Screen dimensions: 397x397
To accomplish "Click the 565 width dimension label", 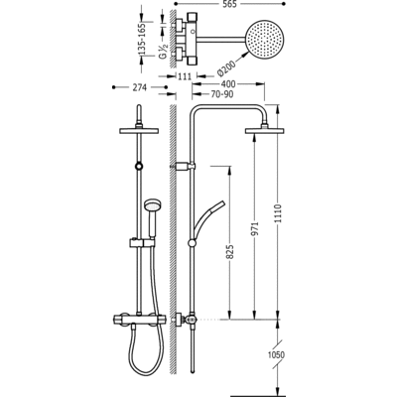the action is [x=229, y=4].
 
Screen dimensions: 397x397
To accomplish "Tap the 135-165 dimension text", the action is [x=142, y=39].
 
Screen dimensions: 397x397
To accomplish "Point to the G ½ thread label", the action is [x=163, y=52].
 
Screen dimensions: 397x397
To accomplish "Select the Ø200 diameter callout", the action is [x=226, y=68].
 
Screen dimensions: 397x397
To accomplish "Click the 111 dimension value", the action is [x=185, y=76].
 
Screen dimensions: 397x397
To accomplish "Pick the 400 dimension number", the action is [x=228, y=84].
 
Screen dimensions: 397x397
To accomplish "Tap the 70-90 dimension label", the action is [x=222, y=94].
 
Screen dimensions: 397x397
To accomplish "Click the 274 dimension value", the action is [x=140, y=87].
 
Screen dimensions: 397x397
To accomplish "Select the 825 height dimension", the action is [x=230, y=252].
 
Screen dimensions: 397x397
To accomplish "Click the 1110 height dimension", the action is [x=278, y=214].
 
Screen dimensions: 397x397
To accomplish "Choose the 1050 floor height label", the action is [x=276, y=355].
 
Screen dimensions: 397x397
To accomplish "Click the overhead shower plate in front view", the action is [x=139, y=131].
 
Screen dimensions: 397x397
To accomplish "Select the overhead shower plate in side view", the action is [x=265, y=131].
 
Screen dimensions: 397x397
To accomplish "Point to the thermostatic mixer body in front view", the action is [x=139, y=320].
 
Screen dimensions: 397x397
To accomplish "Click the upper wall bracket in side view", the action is [x=183, y=166].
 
